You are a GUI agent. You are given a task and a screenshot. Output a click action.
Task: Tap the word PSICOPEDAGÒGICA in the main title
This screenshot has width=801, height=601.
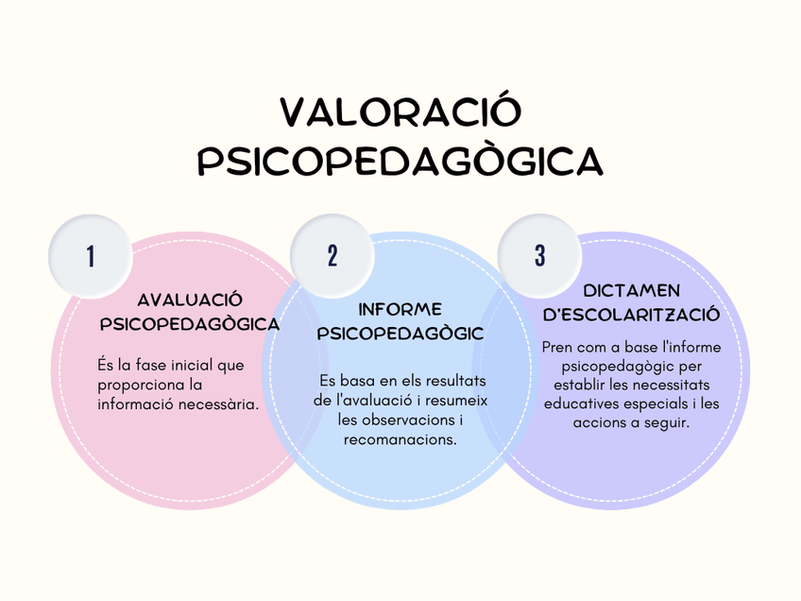point(400,161)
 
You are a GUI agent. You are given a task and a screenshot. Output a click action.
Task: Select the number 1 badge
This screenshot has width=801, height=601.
point(91,256)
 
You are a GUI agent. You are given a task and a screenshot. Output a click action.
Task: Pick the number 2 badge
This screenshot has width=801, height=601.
point(332,256)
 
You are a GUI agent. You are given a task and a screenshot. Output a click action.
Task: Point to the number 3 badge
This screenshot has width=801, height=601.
point(539,256)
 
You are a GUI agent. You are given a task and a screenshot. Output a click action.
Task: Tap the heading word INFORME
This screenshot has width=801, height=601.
point(400,309)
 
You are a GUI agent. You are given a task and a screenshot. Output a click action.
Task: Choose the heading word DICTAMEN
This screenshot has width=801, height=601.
point(632,290)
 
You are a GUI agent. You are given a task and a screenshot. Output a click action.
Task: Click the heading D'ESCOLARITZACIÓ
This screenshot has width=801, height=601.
point(632,315)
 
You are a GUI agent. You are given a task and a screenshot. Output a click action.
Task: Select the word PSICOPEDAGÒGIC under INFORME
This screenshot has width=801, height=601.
point(400,334)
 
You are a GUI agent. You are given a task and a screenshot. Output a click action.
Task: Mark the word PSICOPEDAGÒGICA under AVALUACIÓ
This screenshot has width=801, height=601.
point(190,324)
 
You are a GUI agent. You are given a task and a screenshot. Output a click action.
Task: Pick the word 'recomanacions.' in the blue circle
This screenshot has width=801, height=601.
point(400,439)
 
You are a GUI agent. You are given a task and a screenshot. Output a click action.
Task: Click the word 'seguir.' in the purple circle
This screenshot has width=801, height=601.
point(664,422)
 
